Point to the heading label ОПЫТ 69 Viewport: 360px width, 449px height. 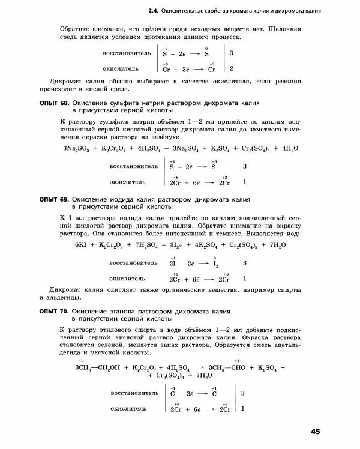click(53, 199)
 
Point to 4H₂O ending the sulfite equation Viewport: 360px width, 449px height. click(289, 148)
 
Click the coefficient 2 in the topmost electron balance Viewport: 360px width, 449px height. click(231, 68)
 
